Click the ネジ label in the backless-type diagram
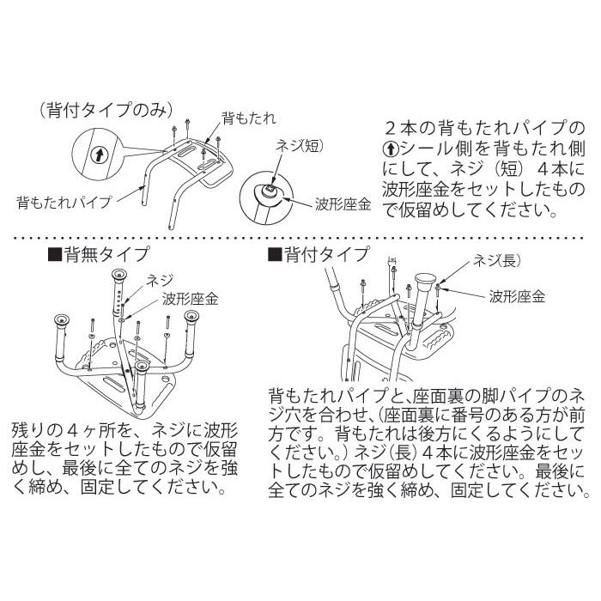coord(161,280)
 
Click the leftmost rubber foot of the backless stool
coord(60,320)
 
